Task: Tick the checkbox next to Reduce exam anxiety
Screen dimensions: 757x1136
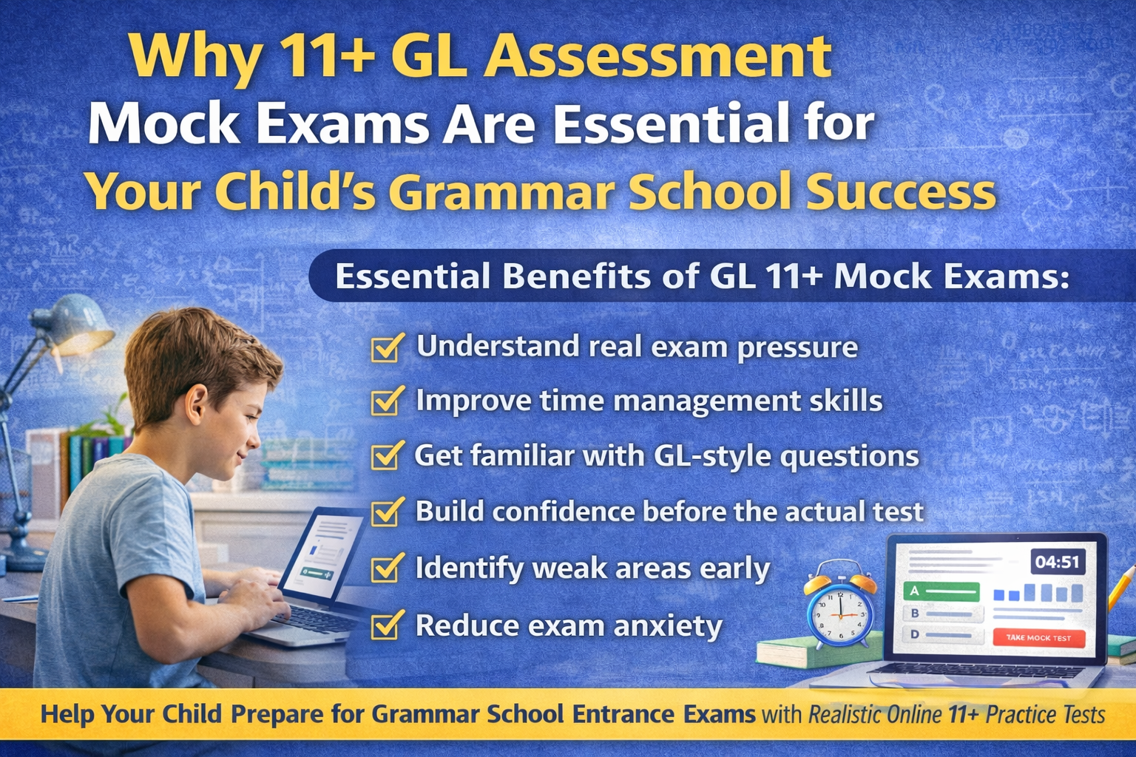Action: (x=386, y=627)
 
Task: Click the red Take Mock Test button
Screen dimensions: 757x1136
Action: (x=1038, y=637)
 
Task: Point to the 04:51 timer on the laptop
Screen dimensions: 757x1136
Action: (x=1057, y=562)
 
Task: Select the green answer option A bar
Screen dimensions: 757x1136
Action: (x=941, y=591)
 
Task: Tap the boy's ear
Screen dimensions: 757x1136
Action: (x=198, y=403)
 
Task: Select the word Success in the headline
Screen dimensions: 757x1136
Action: (x=900, y=191)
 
